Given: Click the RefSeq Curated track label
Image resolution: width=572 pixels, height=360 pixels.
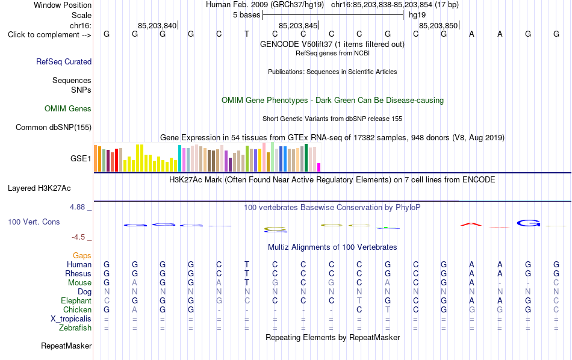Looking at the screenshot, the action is (x=64, y=61).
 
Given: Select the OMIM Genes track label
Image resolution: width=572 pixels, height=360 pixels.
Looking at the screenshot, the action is (x=68, y=109).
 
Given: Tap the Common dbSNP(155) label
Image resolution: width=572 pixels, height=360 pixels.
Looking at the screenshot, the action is (x=54, y=127).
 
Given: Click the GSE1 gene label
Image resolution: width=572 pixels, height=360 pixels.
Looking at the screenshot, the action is (x=81, y=158).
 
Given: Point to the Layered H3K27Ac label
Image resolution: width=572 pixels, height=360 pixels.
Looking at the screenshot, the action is (x=39, y=188).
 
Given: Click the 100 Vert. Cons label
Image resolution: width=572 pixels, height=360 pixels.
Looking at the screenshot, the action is (x=34, y=222).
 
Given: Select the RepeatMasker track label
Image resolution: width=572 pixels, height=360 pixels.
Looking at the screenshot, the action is (x=66, y=346).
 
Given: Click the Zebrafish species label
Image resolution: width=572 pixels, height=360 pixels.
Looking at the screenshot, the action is (x=75, y=327).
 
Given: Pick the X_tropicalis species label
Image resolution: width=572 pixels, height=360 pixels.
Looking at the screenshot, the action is (x=71, y=319).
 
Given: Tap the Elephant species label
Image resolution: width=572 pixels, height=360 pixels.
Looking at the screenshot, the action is (x=76, y=301).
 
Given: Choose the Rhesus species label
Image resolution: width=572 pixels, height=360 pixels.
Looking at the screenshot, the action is (x=78, y=273).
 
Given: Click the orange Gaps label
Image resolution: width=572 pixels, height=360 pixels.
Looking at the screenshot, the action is (x=82, y=256).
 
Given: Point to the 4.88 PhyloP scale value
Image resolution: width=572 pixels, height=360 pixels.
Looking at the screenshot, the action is (x=77, y=207).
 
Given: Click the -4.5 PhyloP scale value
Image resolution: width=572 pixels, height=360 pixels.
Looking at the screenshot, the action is (x=78, y=237).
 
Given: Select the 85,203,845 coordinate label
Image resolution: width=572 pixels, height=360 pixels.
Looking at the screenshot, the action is (x=298, y=25).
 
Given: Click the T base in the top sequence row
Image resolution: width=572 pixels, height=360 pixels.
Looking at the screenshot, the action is (x=247, y=34).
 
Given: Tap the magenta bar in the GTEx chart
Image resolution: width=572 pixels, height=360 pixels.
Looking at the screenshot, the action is (x=319, y=167).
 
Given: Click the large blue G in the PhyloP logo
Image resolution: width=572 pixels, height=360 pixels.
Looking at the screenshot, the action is (x=529, y=223).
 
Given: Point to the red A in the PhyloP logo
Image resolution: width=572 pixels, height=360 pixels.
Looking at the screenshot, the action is (x=471, y=224).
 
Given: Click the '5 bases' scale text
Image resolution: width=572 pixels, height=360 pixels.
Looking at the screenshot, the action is (x=247, y=15).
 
